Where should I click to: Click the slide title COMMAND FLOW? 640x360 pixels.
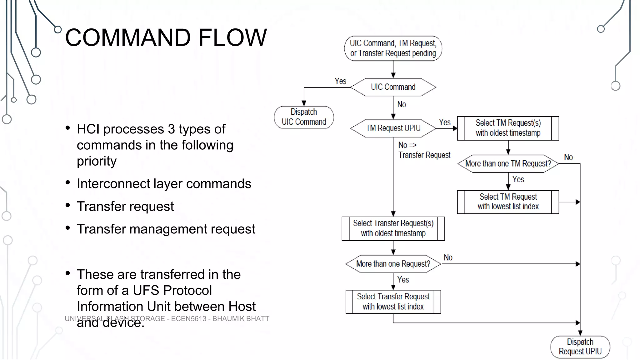(x=166, y=37)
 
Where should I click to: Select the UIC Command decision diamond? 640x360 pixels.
(x=393, y=87)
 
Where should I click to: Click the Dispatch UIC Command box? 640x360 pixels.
(x=304, y=117)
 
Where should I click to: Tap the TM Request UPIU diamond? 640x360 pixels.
(x=393, y=128)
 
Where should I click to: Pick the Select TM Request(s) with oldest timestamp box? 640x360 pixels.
(x=508, y=128)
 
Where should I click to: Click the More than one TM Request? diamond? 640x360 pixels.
(x=508, y=163)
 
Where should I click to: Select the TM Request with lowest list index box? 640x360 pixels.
(x=508, y=202)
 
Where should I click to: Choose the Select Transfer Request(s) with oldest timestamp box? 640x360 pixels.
(x=393, y=228)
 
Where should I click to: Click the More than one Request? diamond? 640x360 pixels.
(x=393, y=264)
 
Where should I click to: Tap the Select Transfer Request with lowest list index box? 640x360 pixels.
(x=393, y=302)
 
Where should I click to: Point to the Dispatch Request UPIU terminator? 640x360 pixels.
(x=580, y=347)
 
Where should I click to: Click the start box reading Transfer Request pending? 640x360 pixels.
(x=393, y=48)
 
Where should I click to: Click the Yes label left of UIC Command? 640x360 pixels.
(x=340, y=81)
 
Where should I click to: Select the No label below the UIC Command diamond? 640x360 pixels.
(x=402, y=104)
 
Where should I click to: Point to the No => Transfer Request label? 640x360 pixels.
(x=424, y=150)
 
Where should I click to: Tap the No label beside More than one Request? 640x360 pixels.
(x=448, y=257)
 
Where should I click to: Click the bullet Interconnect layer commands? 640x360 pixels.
(x=164, y=184)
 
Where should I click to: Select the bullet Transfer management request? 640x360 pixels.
(x=166, y=229)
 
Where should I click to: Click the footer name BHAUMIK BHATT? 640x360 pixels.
(x=241, y=319)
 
